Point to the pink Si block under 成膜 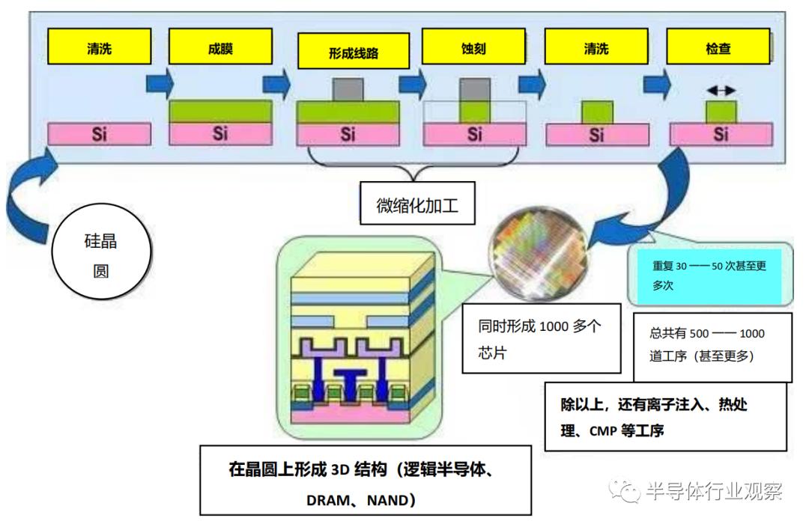click(219, 134)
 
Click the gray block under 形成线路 click(347, 91)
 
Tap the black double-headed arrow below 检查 click(721, 90)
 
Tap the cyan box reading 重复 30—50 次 click(709, 275)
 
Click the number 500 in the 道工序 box click(700, 334)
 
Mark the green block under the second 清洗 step click(596, 112)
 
